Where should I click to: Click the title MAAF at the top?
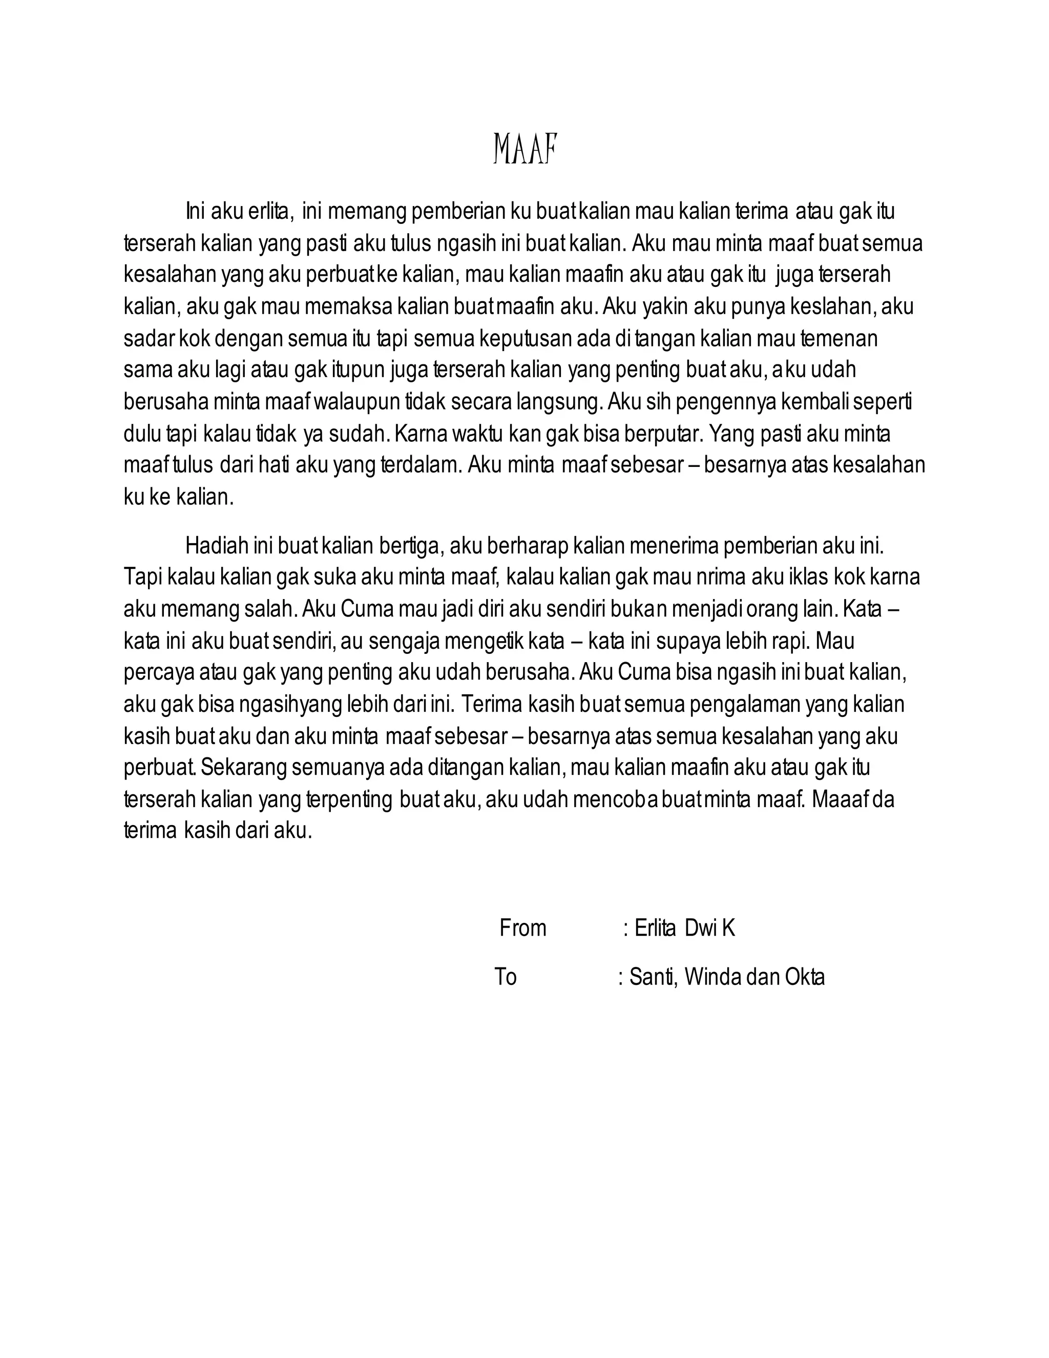click(525, 149)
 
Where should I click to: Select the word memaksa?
click(350, 307)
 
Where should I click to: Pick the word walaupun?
click(355, 402)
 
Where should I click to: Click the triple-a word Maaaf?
click(840, 799)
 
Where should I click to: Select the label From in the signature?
click(522, 929)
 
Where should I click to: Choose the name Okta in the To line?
click(805, 977)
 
